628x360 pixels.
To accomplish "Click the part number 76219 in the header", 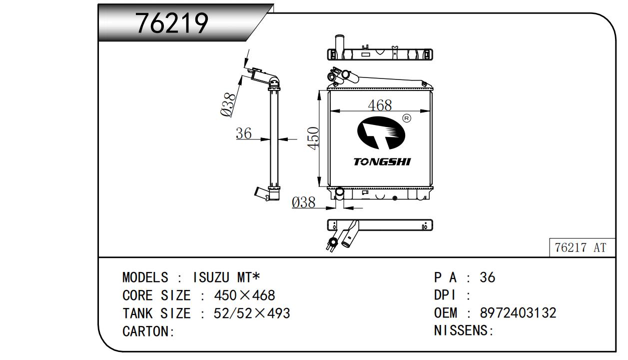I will tap(172, 22).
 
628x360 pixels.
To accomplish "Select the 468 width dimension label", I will tap(380, 105).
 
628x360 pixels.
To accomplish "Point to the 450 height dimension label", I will tap(313, 137).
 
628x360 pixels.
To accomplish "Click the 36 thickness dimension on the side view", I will tap(243, 133).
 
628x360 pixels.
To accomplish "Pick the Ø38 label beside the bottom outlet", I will tap(304, 202).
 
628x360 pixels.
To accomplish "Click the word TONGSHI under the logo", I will tap(382, 162).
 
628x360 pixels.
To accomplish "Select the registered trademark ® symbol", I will tap(406, 118).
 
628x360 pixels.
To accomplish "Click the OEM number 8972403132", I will tap(518, 313).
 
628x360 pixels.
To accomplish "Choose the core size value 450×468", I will tap(244, 295).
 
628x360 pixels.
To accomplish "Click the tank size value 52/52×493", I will tap(252, 313).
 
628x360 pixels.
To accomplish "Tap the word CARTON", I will tap(146, 331).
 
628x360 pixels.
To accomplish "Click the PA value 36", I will tap(487, 277).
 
